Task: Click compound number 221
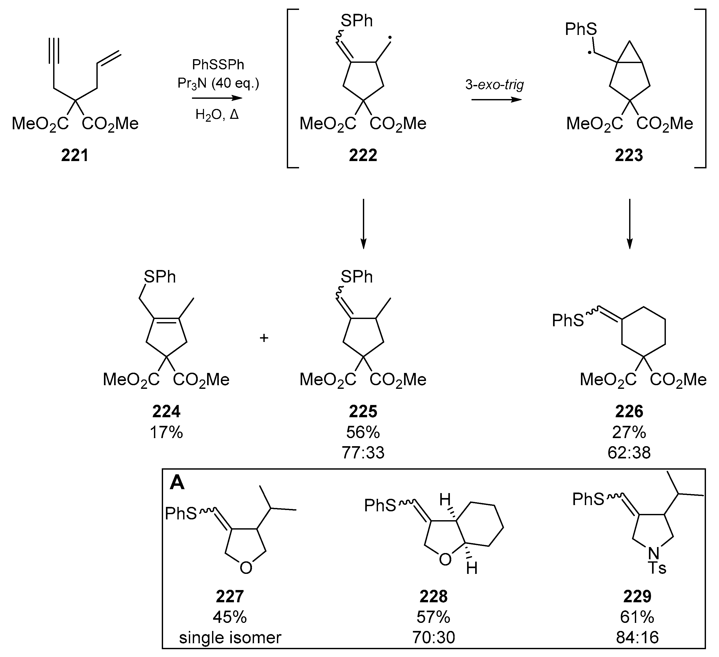[x=75, y=156]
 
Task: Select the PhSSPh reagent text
[x=218, y=65]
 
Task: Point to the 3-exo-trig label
[x=495, y=85]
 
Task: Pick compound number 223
[x=629, y=156]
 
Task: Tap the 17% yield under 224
[x=166, y=433]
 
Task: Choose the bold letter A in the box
[x=177, y=483]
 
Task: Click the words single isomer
[x=230, y=637]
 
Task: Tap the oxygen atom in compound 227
[x=246, y=567]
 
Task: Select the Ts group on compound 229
[x=657, y=568]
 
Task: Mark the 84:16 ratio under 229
[x=637, y=637]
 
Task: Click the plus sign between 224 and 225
[x=264, y=337]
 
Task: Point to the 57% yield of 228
[x=433, y=617]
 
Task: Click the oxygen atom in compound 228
[x=445, y=560]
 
